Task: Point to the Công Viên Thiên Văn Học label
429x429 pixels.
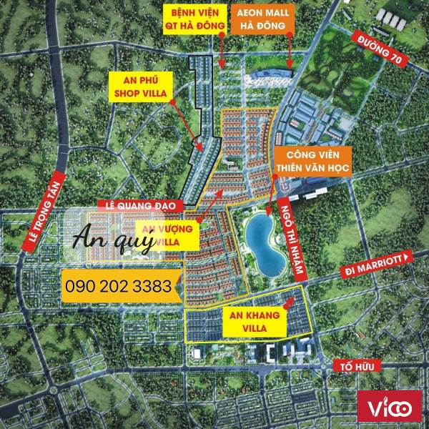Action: (308, 163)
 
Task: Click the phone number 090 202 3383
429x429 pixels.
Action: (118, 287)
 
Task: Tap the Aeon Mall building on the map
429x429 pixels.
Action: (272, 76)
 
